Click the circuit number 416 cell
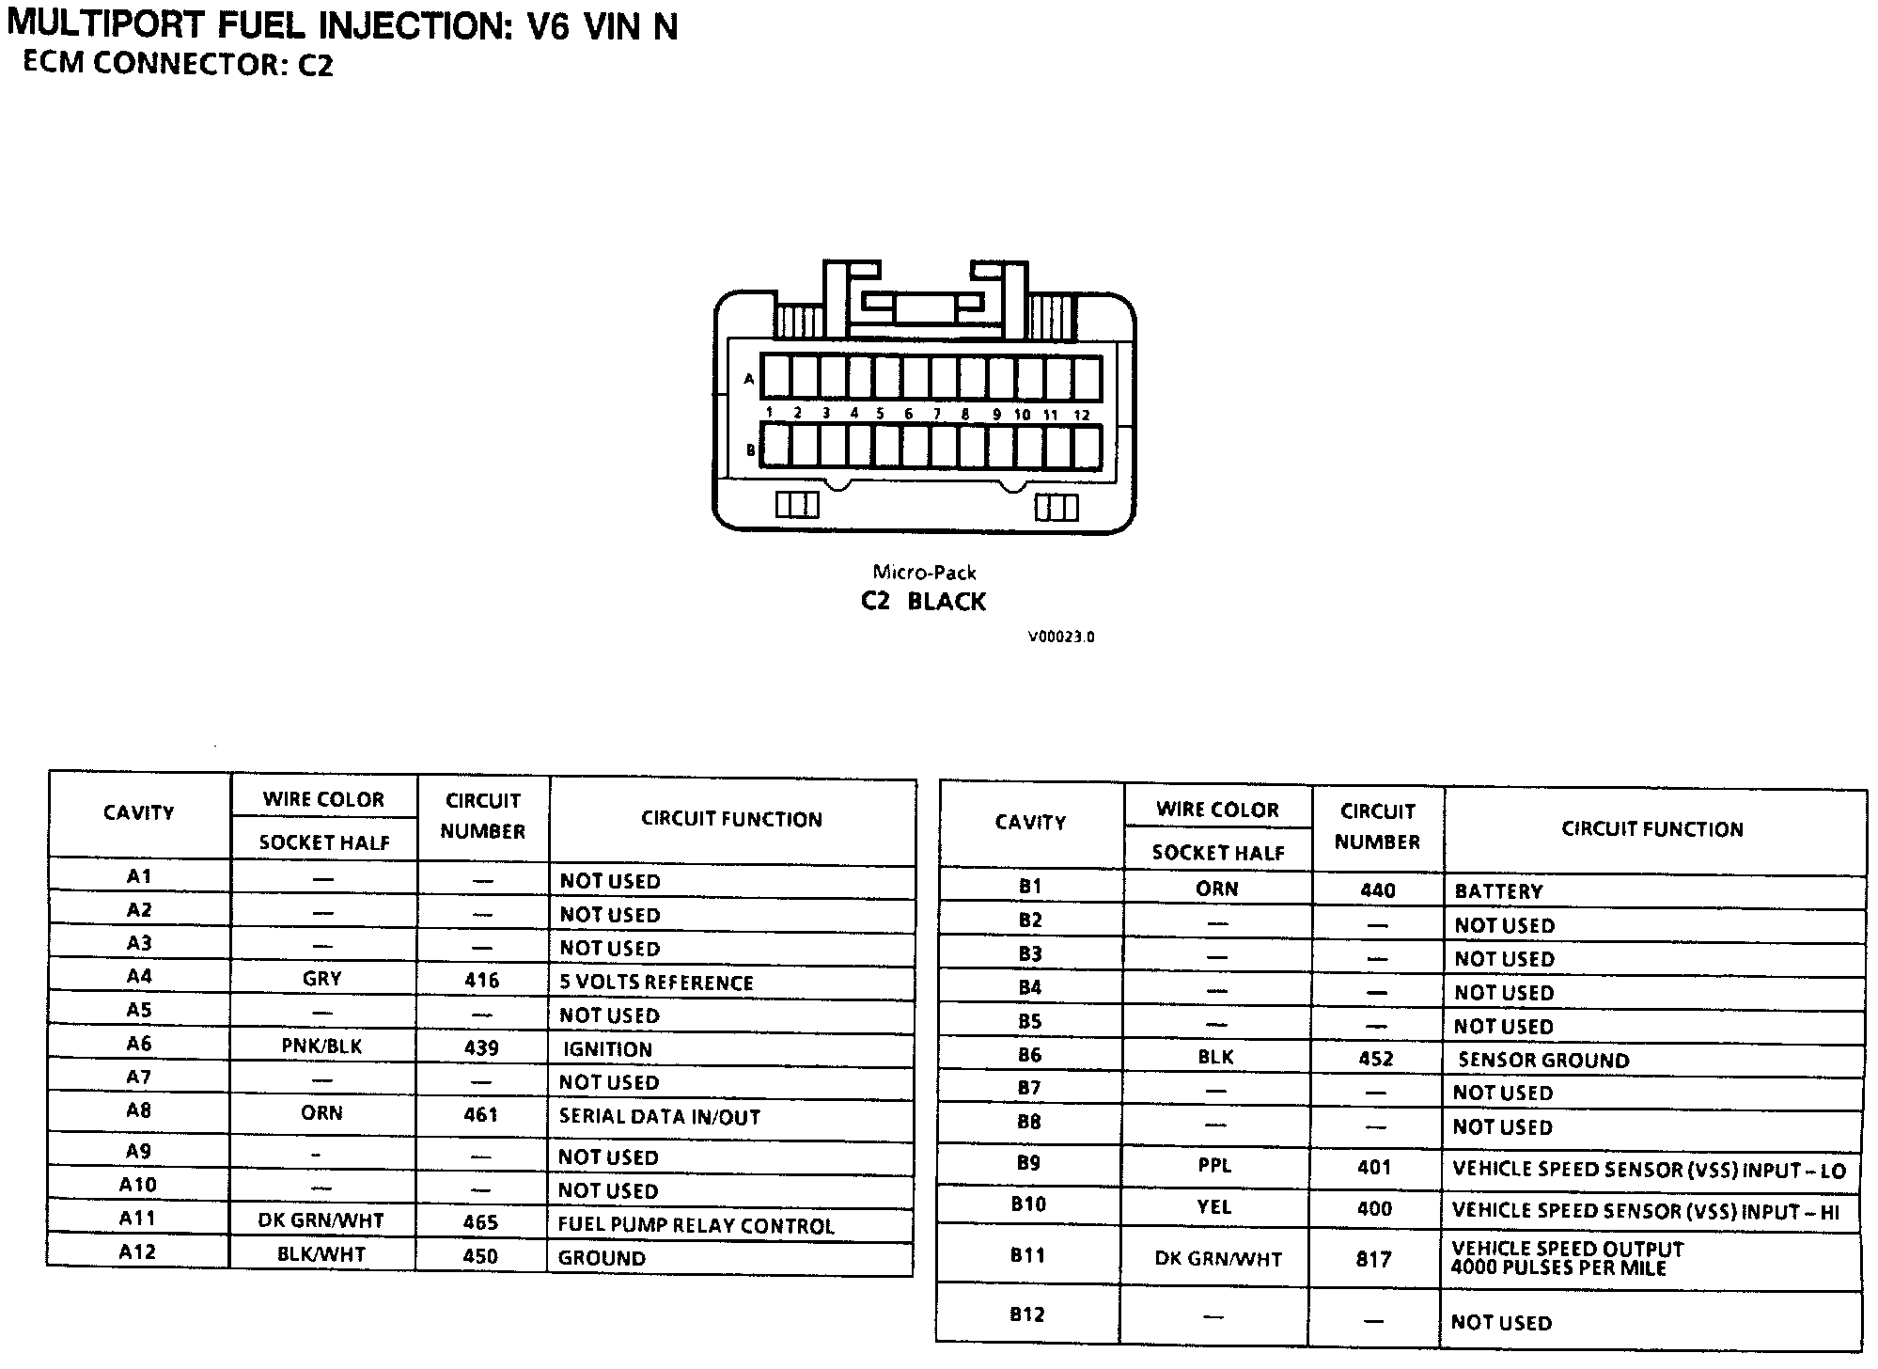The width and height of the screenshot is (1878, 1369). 481,981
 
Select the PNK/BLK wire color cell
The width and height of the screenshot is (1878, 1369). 321,1046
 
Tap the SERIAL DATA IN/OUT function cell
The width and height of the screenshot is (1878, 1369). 659,1116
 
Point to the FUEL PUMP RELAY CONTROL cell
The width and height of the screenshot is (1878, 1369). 696,1225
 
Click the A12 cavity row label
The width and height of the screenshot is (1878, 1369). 137,1252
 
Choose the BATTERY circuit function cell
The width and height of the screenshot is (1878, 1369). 1498,890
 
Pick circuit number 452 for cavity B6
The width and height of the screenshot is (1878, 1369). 1375,1059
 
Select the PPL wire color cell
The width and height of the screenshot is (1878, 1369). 1214,1166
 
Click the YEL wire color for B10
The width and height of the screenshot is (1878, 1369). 1214,1207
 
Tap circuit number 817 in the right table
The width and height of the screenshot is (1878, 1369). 1373,1258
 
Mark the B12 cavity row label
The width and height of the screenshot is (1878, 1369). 1027,1314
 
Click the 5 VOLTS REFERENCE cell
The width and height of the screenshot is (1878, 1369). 656,983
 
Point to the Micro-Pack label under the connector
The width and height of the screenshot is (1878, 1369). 924,572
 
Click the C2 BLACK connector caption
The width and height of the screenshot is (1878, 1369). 923,602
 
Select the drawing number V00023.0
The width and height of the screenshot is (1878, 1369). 1061,637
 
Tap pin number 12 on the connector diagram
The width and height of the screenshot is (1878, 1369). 1082,414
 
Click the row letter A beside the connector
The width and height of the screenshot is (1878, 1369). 749,380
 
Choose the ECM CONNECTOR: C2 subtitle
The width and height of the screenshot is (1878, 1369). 178,64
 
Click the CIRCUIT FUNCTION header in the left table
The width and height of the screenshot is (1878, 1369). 731,819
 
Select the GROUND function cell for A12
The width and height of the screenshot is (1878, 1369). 602,1258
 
